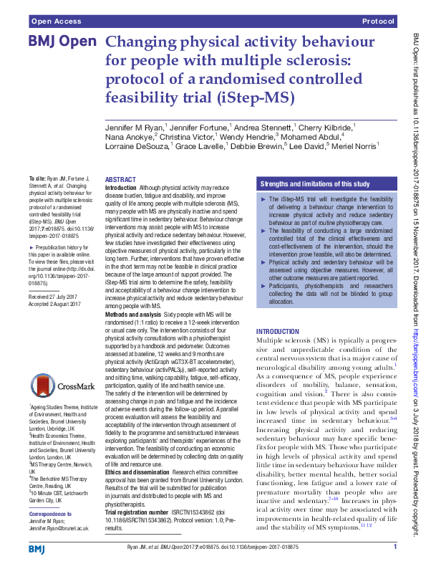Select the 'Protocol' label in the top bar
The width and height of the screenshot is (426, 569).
[x=379, y=23]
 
